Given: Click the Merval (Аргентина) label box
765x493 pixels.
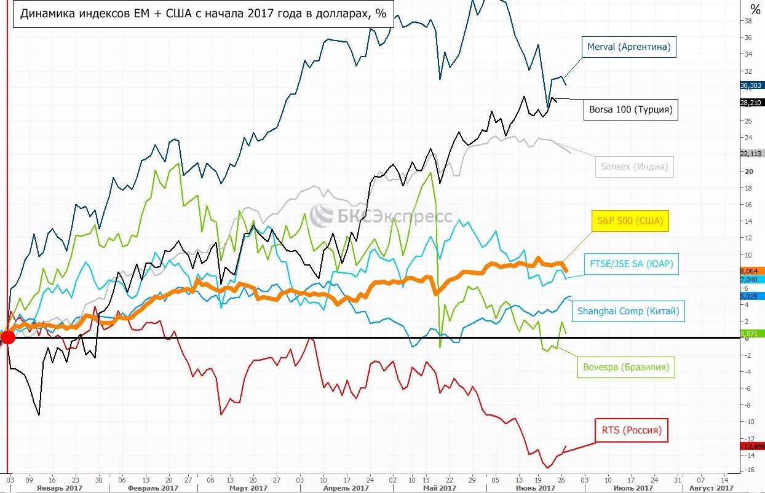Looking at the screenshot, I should click(628, 47).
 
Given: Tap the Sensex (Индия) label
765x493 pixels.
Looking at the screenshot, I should click(634, 167).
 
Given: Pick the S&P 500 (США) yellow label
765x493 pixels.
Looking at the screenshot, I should click(630, 221).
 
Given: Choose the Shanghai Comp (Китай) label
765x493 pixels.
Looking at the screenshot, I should click(628, 311).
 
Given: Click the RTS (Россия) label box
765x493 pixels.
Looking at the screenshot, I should click(631, 430).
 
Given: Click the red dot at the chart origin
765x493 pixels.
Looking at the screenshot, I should click(7, 337).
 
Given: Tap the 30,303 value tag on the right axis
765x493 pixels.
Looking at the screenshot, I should click(751, 86).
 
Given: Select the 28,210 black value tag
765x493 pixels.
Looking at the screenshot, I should click(751, 103).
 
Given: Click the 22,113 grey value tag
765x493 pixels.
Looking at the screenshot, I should click(751, 154).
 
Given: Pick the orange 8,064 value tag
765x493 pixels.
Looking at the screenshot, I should click(751, 270).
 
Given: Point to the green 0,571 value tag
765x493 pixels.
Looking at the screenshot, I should click(751, 333).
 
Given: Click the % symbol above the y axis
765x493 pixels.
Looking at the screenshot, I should click(755, 10).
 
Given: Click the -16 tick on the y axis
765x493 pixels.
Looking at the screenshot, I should click(748, 470).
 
